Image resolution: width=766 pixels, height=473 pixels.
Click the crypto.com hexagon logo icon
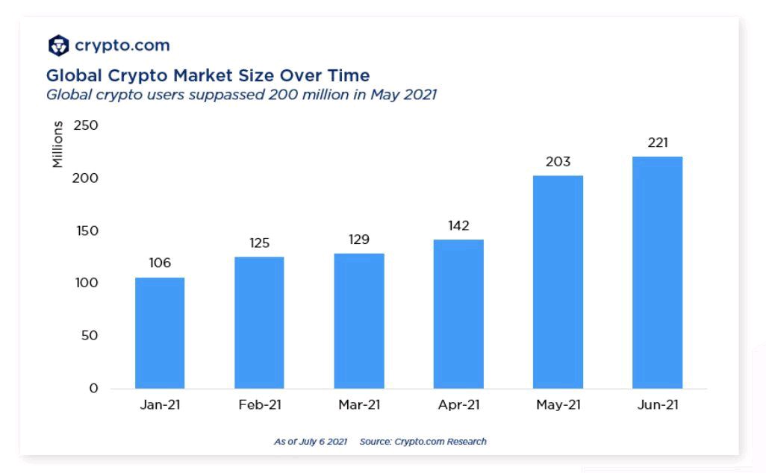coord(58,46)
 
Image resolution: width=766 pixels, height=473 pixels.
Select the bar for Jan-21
coord(160,333)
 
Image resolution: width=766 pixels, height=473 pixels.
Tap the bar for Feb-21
coord(259,322)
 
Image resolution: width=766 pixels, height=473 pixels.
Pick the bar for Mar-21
coord(359,321)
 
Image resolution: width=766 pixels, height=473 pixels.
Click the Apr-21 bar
coord(458,313)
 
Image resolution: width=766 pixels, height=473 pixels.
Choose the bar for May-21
coord(558,282)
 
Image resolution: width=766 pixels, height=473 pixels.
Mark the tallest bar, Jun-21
coord(657,272)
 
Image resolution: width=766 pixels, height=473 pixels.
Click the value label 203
coord(558,161)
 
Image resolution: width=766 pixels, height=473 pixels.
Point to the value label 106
coord(160,263)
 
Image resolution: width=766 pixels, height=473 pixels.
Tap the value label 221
coord(657,142)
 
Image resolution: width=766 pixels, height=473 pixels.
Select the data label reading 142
coord(458,225)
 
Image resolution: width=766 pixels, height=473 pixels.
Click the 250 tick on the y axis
coord(86,125)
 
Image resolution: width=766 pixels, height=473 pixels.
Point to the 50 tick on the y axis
coord(90,336)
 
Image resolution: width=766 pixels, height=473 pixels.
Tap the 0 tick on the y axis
coord(93,388)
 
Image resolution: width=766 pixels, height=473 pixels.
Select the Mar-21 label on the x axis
coord(359,405)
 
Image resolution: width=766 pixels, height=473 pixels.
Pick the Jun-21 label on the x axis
coord(657,405)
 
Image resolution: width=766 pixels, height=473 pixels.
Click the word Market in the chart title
coord(199,75)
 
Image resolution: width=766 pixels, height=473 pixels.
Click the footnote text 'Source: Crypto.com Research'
coord(423,442)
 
